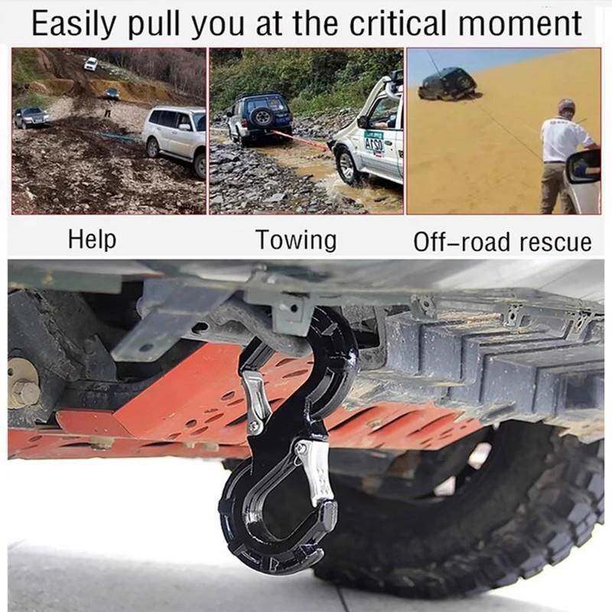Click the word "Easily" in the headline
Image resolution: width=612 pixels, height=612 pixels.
(73, 24)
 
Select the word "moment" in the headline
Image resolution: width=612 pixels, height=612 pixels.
(520, 24)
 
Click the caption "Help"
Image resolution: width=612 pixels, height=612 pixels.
(92, 239)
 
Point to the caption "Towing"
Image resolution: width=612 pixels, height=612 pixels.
(296, 240)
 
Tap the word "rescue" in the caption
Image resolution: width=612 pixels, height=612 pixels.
(556, 243)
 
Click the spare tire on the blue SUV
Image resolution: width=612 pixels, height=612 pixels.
(262, 117)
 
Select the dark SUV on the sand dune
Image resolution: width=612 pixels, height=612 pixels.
(448, 83)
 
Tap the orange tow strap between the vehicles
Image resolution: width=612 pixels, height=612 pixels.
(301, 140)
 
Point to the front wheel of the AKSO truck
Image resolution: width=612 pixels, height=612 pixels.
(347, 167)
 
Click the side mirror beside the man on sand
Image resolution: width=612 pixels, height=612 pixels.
(583, 167)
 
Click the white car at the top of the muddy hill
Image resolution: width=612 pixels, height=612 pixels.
(90, 64)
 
